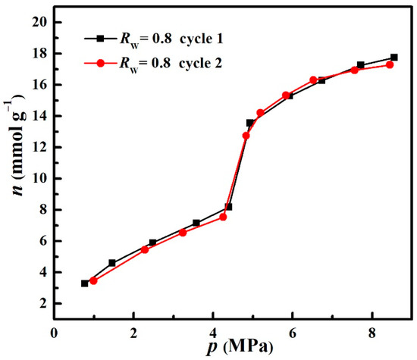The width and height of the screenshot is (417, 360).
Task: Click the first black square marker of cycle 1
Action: point(85,283)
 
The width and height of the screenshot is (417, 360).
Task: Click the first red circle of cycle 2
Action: point(93,280)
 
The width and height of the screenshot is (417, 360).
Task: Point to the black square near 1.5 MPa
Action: point(112,263)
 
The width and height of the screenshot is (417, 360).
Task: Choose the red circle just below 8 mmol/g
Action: point(223,217)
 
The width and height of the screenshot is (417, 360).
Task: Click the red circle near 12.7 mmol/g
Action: point(246,136)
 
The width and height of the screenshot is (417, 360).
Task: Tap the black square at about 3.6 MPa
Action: point(196,223)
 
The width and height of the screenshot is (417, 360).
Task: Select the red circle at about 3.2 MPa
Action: point(183,232)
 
